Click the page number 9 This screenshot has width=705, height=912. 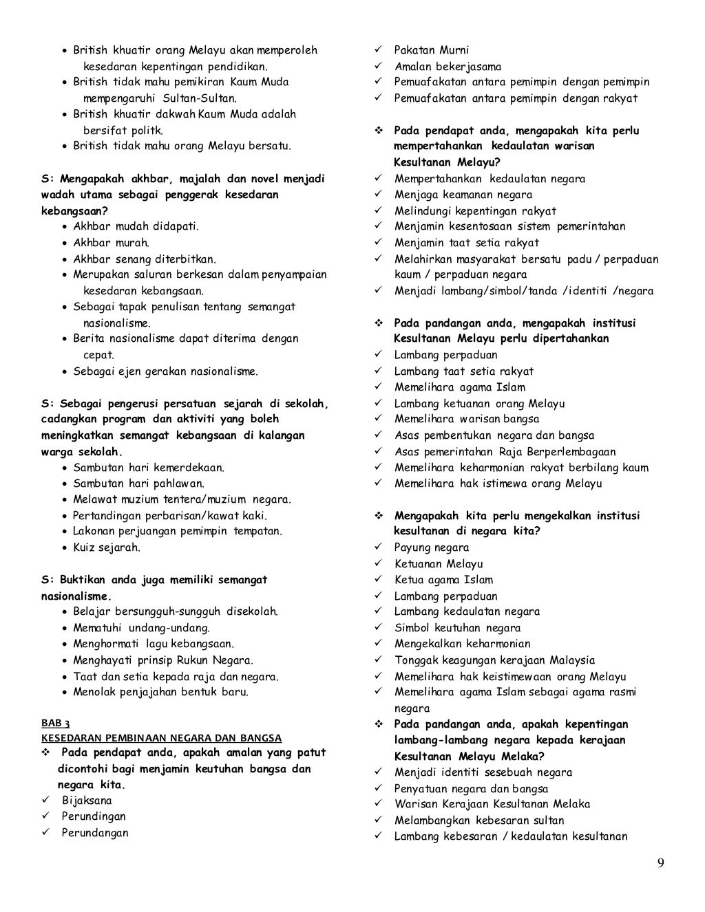tap(660, 864)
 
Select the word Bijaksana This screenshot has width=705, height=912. tap(87, 801)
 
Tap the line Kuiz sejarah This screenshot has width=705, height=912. tap(107, 547)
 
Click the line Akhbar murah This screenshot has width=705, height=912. tap(111, 242)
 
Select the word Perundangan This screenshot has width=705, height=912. tap(95, 833)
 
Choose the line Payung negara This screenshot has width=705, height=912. tap(432, 547)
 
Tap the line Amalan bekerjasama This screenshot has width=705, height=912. tap(448, 67)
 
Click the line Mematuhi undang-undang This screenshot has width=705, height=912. tap(142, 627)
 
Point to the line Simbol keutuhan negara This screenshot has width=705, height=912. tap(457, 628)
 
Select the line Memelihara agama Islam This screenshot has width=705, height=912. tap(459, 387)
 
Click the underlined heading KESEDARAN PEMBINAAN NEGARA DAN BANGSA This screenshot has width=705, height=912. tap(161, 738)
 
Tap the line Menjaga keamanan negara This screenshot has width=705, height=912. tap(463, 195)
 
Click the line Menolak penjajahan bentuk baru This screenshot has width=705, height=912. tap(161, 692)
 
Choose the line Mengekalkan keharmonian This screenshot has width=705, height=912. tap(462, 644)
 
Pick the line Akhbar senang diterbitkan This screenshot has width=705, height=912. tap(145, 259)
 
